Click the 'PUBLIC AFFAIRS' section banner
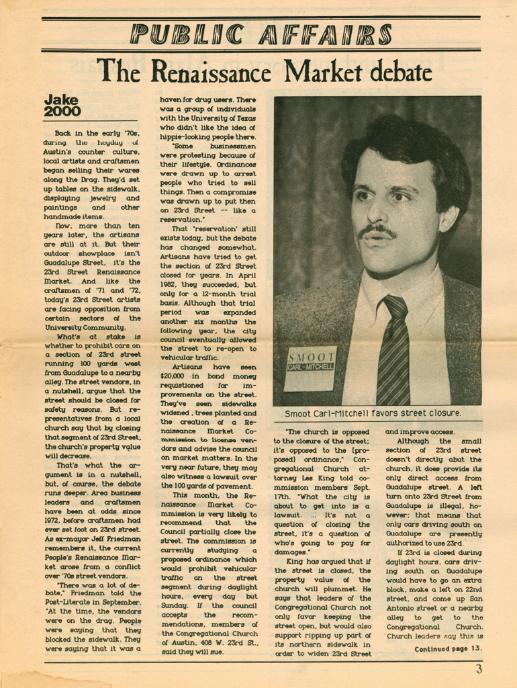tap(261, 34)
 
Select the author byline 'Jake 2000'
tap(62, 106)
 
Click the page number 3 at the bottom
tap(479, 669)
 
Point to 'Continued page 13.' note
tap(448, 648)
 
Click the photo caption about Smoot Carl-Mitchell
tap(373, 413)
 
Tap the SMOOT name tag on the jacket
tap(311, 368)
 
